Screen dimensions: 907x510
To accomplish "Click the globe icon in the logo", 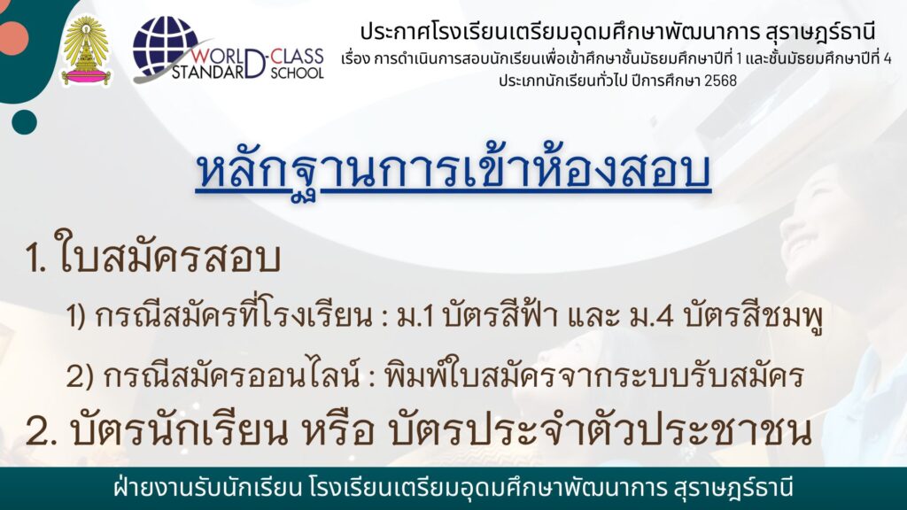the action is (165, 45).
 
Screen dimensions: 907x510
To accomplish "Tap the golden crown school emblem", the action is (87, 50).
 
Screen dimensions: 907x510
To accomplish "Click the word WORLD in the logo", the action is (217, 57).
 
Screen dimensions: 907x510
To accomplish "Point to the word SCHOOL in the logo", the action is (298, 73).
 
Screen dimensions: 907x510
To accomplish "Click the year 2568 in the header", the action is (720, 81).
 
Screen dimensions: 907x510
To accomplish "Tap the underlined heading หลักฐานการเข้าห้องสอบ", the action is (453, 171).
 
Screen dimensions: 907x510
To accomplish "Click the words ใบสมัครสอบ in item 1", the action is (168, 258).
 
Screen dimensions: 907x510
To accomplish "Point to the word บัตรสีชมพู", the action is (753, 317).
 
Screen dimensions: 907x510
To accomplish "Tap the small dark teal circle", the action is (24, 121).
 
